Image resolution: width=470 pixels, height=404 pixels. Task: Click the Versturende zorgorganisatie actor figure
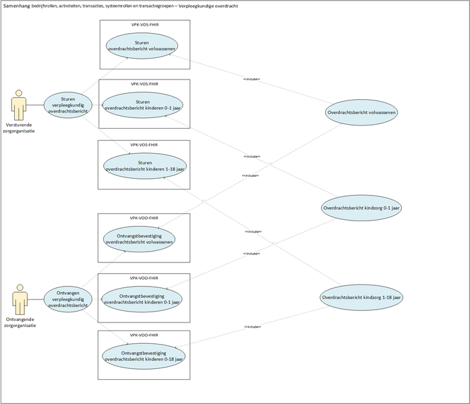(x=19, y=105)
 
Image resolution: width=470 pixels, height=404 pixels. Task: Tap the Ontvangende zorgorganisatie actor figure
(x=20, y=299)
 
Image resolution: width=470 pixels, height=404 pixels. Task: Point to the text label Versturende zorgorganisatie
(x=20, y=127)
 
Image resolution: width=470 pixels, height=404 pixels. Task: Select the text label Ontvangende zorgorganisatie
(x=21, y=322)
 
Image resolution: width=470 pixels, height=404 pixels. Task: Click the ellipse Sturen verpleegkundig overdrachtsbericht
(x=68, y=104)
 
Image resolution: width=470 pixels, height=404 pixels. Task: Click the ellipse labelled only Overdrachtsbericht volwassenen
(x=361, y=112)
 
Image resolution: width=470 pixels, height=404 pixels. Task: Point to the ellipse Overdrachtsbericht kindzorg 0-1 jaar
(x=362, y=208)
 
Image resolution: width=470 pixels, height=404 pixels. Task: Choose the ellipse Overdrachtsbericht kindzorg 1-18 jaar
(x=361, y=297)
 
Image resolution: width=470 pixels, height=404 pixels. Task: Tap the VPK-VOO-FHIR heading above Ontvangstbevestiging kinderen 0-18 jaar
(x=144, y=335)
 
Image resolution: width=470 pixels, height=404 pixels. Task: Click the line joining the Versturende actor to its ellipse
(x=36, y=105)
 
